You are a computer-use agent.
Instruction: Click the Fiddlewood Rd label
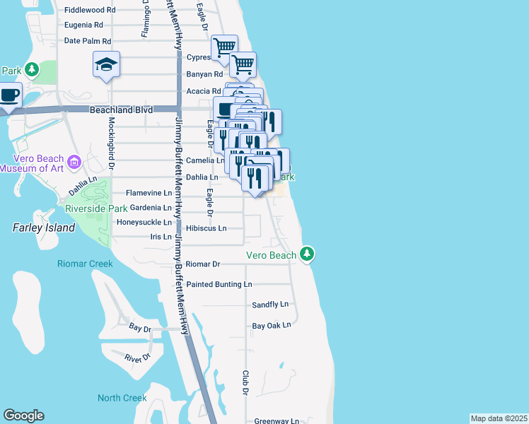click(x=90, y=11)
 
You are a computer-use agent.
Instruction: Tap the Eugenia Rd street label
click(x=88, y=25)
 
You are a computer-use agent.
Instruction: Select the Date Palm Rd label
click(x=88, y=41)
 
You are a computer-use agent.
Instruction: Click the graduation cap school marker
click(x=106, y=65)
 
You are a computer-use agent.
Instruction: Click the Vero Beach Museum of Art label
click(x=37, y=163)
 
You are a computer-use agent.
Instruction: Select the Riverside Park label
click(x=96, y=208)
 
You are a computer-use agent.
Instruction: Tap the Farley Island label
click(x=44, y=228)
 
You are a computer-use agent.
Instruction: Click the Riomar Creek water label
click(x=85, y=264)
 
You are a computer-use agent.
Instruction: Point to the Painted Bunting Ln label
click(x=219, y=284)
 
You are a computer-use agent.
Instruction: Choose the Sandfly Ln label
click(x=271, y=305)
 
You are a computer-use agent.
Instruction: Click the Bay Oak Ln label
click(x=272, y=326)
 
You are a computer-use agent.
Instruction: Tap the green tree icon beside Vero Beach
click(x=307, y=253)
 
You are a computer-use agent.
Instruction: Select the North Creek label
click(x=122, y=398)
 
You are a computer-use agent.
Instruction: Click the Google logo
click(x=23, y=416)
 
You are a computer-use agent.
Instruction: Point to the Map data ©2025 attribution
click(x=499, y=418)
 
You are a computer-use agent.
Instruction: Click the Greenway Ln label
click(x=277, y=420)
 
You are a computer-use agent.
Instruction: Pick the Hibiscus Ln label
click(x=207, y=228)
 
